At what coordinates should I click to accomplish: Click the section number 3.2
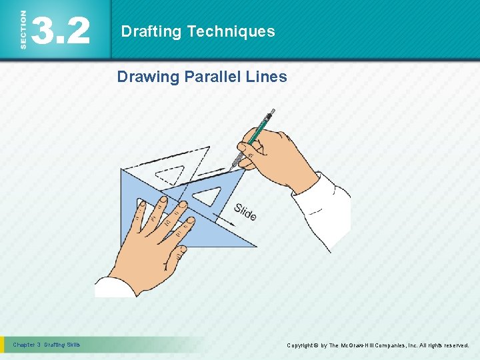click(x=60, y=31)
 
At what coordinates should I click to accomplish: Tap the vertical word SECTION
click(x=24, y=30)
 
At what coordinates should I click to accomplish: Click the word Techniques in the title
click(x=231, y=31)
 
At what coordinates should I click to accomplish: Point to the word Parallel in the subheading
click(x=212, y=77)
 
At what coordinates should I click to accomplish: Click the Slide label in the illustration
click(x=245, y=212)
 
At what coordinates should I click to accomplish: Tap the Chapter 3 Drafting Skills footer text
click(x=47, y=345)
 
